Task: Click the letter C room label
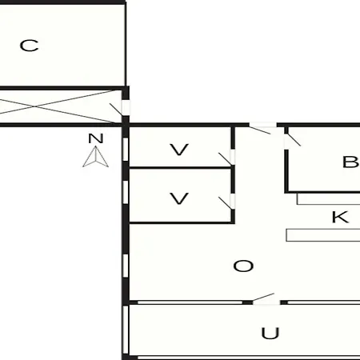coord(29,46)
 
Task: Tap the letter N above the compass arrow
coord(96,138)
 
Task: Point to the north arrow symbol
coord(95,157)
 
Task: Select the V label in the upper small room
coord(179,150)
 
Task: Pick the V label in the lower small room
coord(179,198)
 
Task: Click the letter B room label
coord(350,162)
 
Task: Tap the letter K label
coord(340,217)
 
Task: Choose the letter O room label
coord(243,266)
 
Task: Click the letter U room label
coord(270,334)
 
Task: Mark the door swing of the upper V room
coord(226,159)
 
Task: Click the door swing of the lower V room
coord(226,203)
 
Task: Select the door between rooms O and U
coord(263,298)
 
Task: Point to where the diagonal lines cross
coord(35,106)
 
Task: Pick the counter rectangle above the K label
coord(329,199)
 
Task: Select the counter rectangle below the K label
coord(323,235)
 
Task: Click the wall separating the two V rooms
coord(180,168)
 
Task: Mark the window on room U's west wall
coord(126,330)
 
